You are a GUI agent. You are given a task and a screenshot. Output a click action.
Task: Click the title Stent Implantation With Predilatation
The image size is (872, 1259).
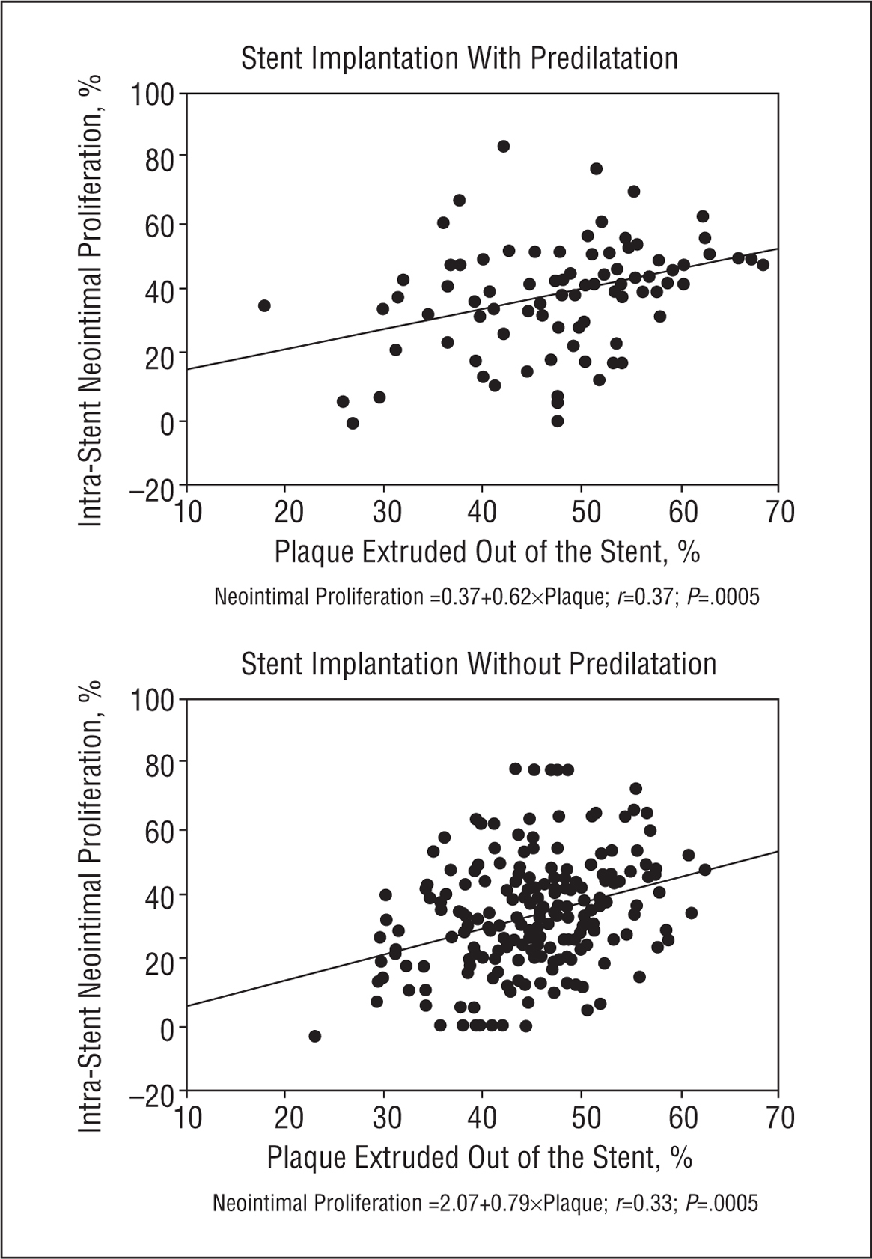[x=459, y=58]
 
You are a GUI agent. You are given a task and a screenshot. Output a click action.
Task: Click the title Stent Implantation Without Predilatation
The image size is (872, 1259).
[x=478, y=664]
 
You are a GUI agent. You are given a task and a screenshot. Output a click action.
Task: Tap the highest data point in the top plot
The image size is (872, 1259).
[x=504, y=146]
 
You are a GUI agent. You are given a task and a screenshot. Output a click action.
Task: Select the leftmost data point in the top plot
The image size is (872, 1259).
[x=264, y=305]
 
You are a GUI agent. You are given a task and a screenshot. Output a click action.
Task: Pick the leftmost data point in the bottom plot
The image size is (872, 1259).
[x=315, y=1036]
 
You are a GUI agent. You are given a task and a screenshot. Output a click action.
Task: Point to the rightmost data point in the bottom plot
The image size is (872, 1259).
[x=704, y=869]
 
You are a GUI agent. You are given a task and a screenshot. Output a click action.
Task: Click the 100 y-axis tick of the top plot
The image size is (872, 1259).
[x=152, y=95]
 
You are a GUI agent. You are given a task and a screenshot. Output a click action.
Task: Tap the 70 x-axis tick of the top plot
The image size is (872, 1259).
[x=779, y=513]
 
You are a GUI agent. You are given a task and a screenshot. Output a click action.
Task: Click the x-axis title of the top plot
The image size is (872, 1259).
[x=487, y=552]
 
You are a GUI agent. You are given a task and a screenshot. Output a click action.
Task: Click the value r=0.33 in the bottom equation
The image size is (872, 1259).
[x=644, y=1203]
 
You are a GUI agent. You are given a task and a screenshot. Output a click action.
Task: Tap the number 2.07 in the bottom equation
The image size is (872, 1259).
[x=458, y=1203]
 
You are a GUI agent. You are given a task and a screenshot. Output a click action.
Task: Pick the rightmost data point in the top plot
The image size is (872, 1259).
[x=763, y=264]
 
